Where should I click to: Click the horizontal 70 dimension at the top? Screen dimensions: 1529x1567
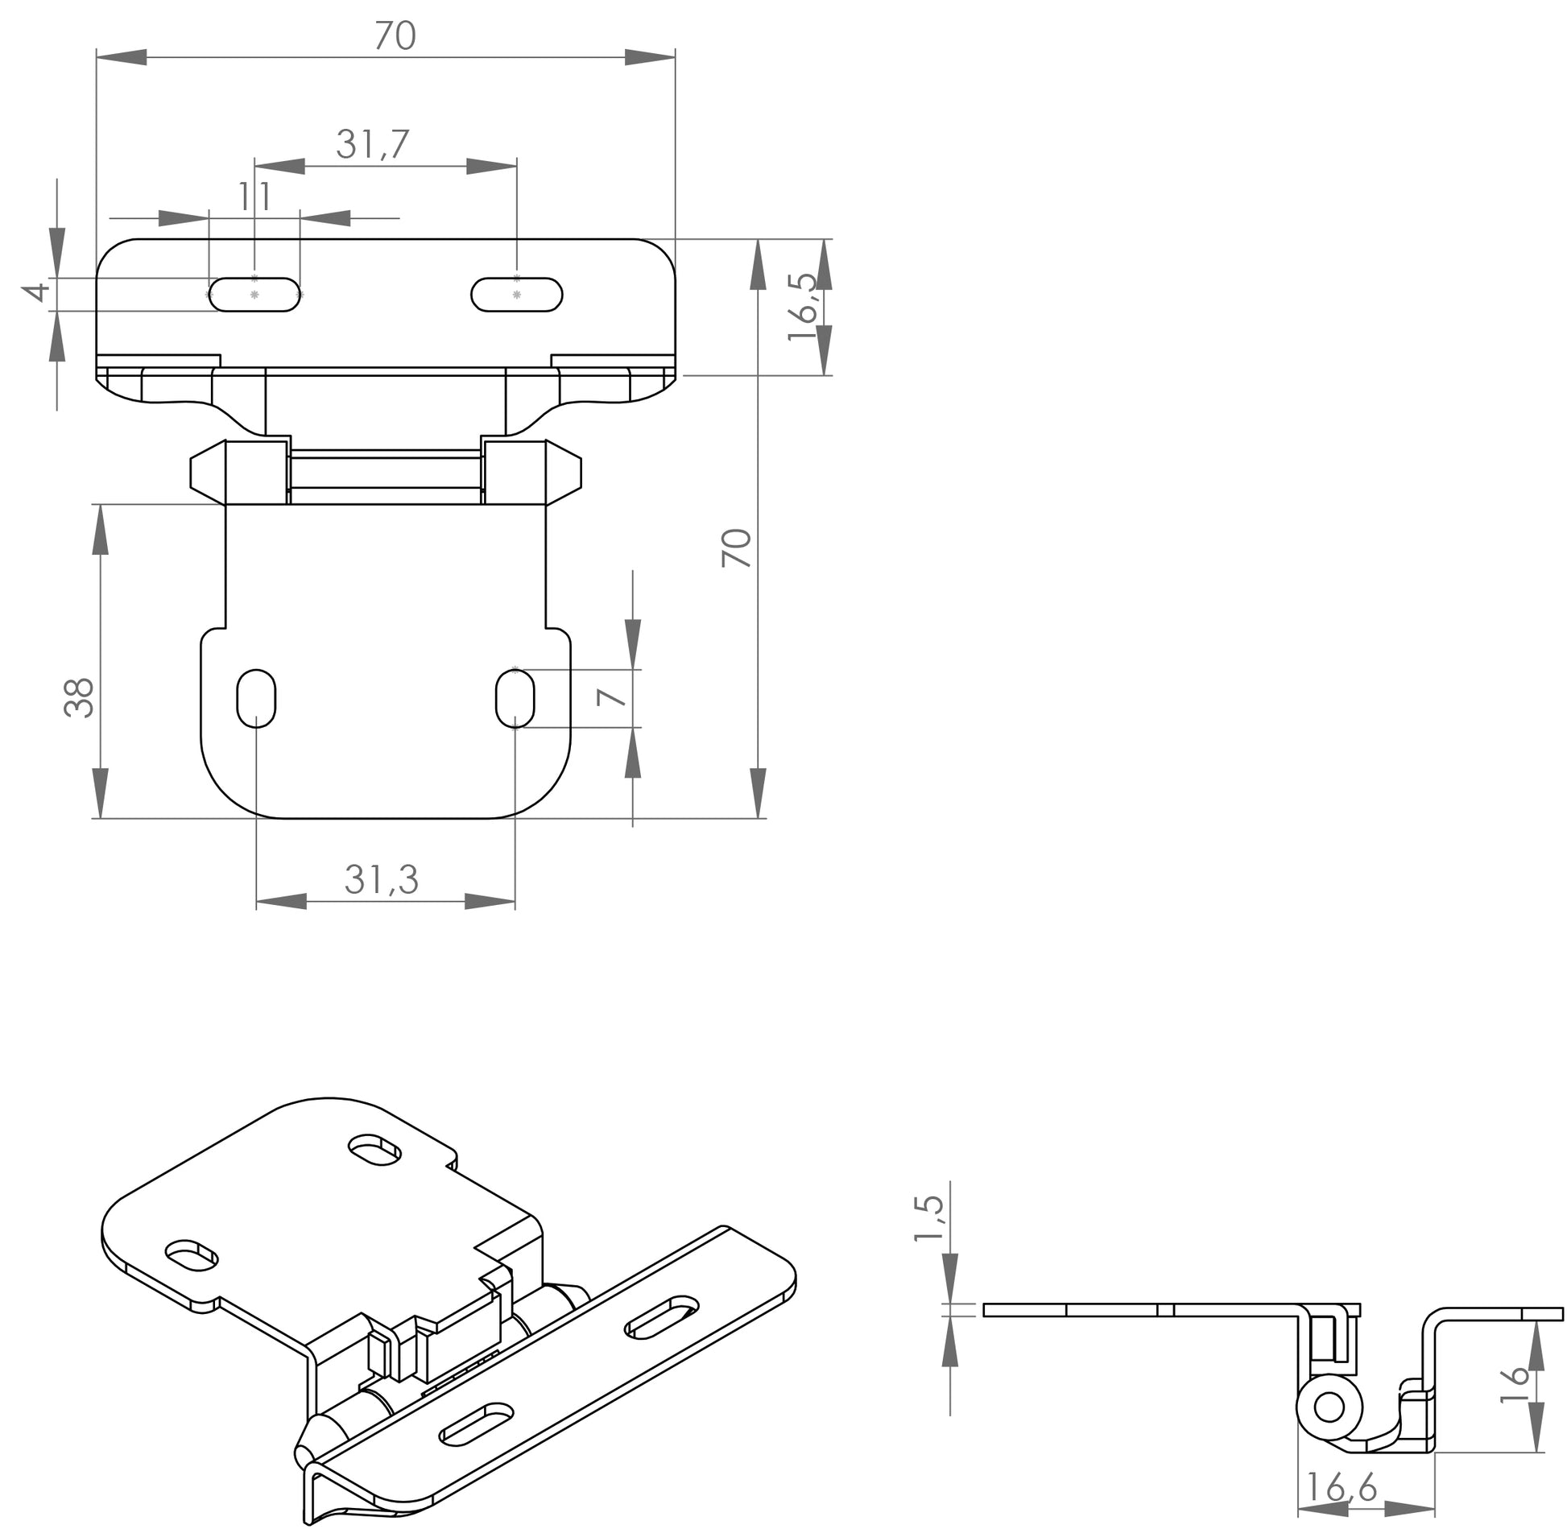[395, 36]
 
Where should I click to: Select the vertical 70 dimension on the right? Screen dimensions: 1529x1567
[737, 548]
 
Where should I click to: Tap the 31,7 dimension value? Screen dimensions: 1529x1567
[373, 145]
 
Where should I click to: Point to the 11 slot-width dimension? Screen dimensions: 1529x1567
[254, 196]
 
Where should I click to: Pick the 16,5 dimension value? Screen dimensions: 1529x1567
[802, 307]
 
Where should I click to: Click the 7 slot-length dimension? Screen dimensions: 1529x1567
[612, 697]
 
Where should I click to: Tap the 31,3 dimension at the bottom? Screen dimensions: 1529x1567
[382, 879]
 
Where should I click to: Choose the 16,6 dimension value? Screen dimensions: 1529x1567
[1342, 1486]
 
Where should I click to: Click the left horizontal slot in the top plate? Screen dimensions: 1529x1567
[254, 295]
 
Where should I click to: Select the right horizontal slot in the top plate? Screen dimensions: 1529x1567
[516, 295]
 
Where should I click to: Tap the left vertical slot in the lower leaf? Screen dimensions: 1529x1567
[256, 697]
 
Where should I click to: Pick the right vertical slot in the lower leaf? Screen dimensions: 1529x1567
[515, 697]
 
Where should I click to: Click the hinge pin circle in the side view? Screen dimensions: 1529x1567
[1328, 1407]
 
